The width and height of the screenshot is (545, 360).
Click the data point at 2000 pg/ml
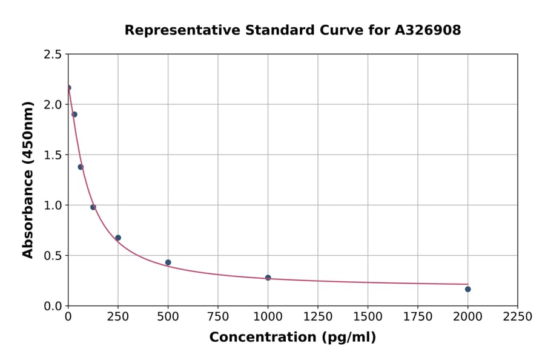tap(467, 289)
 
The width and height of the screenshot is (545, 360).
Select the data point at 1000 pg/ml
tap(268, 278)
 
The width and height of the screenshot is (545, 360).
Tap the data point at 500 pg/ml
tap(168, 262)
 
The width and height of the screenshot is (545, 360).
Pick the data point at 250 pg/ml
tap(118, 238)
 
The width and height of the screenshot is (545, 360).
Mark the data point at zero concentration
tap(68, 88)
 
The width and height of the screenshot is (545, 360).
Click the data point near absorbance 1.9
tap(74, 115)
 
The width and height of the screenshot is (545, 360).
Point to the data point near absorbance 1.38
tap(81, 167)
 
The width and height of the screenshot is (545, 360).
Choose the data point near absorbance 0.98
tap(93, 207)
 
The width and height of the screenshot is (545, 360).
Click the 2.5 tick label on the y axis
tap(52, 55)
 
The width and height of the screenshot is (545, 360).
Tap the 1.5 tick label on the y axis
tap(52, 155)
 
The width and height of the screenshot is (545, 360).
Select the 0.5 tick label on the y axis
tap(52, 256)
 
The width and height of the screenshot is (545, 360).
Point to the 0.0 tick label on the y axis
tap(52, 306)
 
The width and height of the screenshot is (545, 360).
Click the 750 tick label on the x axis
tap(218, 317)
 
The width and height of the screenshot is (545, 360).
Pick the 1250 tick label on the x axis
tap(318, 317)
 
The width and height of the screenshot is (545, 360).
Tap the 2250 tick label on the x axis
tap(518, 317)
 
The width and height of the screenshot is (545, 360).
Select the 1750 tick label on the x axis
tap(418, 317)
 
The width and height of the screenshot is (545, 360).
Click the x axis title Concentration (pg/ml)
tap(292, 338)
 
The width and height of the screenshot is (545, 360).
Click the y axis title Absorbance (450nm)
tap(28, 180)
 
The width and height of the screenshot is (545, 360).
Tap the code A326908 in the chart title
tap(428, 30)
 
